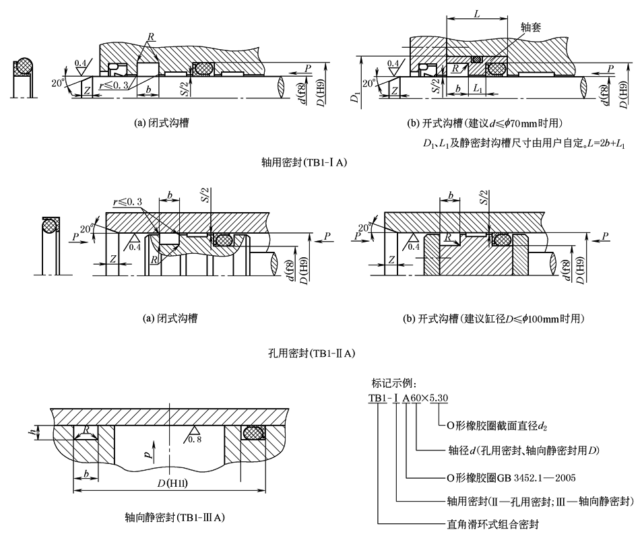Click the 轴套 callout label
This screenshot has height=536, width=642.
(532, 28)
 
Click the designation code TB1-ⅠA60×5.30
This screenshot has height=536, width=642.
(408, 398)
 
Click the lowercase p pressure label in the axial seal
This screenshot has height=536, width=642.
(148, 454)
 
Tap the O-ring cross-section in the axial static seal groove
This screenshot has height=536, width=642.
(253, 433)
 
